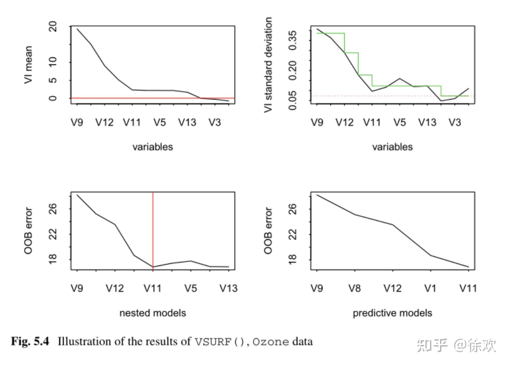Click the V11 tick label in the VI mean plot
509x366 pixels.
(132, 123)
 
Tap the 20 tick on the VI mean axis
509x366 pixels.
(53, 27)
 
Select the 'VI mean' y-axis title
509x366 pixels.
(28, 65)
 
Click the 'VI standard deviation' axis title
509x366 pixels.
(268, 65)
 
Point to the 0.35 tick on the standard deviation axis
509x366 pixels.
(293, 40)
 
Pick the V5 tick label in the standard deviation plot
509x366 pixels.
(399, 123)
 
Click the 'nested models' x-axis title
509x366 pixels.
(153, 313)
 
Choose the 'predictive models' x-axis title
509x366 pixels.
(392, 313)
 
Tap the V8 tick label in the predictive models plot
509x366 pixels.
(355, 289)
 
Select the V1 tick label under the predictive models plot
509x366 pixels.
(430, 289)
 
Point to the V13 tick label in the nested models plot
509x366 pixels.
(228, 289)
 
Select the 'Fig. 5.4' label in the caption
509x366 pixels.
(30, 342)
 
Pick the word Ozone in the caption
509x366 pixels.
(271, 342)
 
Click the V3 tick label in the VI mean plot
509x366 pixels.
(215, 123)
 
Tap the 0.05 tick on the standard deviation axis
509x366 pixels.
(293, 100)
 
